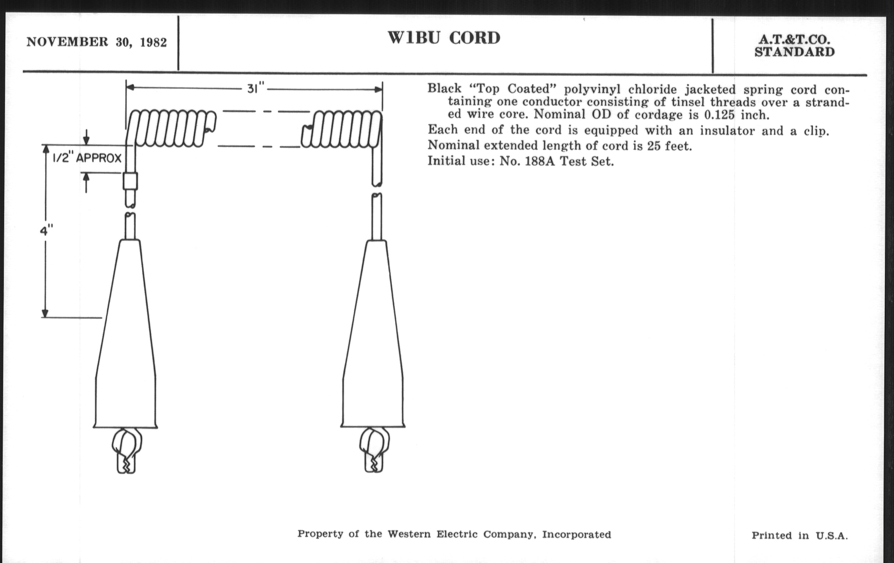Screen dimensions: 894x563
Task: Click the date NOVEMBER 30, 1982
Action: click(97, 42)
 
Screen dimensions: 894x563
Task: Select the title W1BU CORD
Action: click(444, 38)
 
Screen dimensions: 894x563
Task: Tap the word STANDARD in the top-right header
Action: click(794, 52)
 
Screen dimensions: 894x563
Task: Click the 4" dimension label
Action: click(46, 231)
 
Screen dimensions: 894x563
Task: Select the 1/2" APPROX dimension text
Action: click(87, 158)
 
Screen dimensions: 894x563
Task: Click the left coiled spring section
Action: click(171, 128)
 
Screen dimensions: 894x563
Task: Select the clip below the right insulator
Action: click(374, 450)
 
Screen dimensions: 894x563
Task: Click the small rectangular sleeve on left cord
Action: click(130, 181)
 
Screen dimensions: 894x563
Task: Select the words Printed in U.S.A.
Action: click(800, 535)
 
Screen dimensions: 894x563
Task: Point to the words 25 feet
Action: click(669, 146)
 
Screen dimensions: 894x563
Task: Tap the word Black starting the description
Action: click(444, 88)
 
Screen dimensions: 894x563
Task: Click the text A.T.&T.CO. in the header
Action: click(794, 39)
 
